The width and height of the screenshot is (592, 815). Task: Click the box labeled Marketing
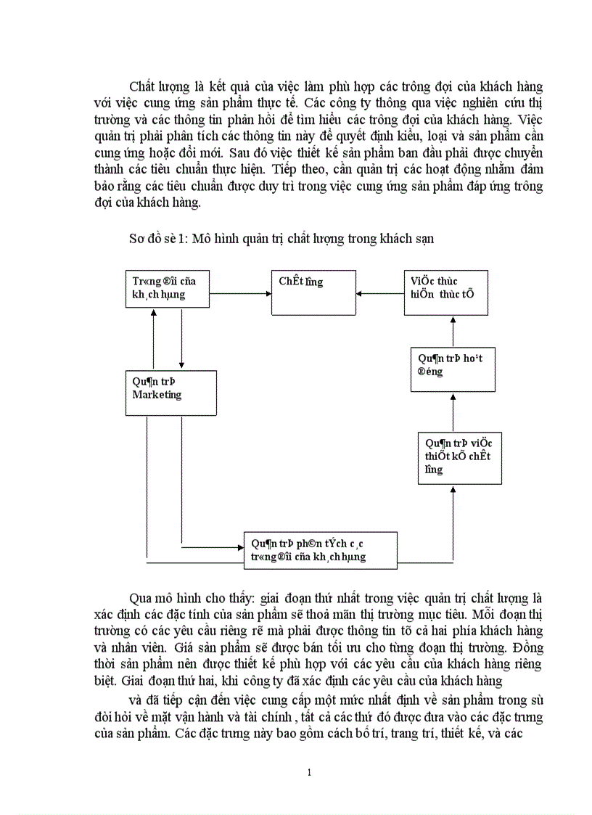coord(171,393)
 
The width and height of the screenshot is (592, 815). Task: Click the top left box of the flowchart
coord(168,288)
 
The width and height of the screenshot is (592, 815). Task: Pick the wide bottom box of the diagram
coord(320,550)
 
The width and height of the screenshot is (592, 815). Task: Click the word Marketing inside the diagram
coord(157,395)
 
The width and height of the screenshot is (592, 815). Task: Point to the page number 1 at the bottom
coord(309,772)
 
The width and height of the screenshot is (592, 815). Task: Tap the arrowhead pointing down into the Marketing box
coord(181,366)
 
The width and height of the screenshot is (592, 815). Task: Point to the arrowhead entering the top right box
coord(453,320)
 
